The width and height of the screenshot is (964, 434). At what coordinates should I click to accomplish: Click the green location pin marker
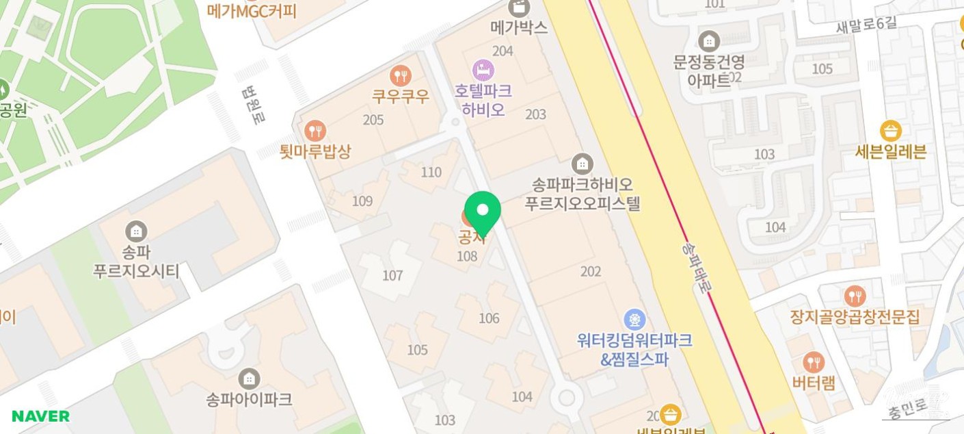[x=482, y=212]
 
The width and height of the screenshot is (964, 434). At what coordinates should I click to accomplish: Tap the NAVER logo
[x=40, y=416]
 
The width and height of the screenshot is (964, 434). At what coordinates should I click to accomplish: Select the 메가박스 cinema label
[x=519, y=27]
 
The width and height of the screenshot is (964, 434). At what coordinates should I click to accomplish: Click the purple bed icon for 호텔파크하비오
[x=483, y=69]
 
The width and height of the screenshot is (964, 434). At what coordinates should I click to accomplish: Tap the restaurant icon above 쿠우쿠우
[x=400, y=75]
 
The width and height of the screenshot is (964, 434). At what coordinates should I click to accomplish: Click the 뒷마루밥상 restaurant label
[x=315, y=151]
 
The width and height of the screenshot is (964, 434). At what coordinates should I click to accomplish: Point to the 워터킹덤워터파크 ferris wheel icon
[x=634, y=319]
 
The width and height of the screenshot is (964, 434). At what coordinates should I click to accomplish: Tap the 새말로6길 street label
[x=865, y=25]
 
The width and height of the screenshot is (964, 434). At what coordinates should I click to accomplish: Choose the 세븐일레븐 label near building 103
[x=890, y=151]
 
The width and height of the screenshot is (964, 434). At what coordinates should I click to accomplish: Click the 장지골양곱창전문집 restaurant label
[x=855, y=317]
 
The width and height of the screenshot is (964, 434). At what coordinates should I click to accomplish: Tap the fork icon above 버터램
[x=813, y=362]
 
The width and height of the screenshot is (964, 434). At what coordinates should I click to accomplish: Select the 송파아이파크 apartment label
[x=249, y=399]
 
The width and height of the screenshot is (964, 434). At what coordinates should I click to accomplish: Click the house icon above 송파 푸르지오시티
[x=137, y=231]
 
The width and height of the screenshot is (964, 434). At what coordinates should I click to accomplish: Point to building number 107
[x=392, y=275]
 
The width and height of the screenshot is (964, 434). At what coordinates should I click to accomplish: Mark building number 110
[x=431, y=172]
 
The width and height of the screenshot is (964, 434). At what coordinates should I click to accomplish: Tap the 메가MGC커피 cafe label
[x=252, y=11]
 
